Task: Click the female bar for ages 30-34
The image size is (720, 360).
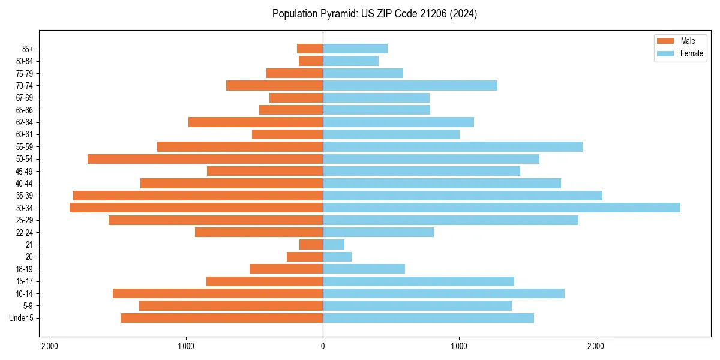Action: [501, 208]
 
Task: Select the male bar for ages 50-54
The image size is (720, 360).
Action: [205, 159]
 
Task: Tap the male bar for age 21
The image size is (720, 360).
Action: [311, 244]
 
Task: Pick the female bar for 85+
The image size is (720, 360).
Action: [355, 49]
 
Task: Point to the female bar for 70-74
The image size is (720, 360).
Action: [410, 85]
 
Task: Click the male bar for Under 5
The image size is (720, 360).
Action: [221, 318]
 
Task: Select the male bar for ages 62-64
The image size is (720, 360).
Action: [256, 122]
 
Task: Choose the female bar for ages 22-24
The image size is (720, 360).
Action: [378, 232]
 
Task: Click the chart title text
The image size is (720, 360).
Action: [374, 14]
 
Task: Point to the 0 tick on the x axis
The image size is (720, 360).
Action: [323, 346]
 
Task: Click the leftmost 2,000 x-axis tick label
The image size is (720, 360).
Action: [50, 346]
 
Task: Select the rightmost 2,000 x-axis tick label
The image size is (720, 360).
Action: [596, 346]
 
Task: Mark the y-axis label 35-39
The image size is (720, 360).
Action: [25, 196]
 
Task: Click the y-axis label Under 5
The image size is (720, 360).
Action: [22, 318]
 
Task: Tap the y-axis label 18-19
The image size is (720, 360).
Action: [25, 269]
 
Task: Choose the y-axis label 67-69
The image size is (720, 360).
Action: [25, 98]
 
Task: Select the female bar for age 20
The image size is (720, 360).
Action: [337, 257]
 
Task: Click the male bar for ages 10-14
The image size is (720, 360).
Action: [218, 293]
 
